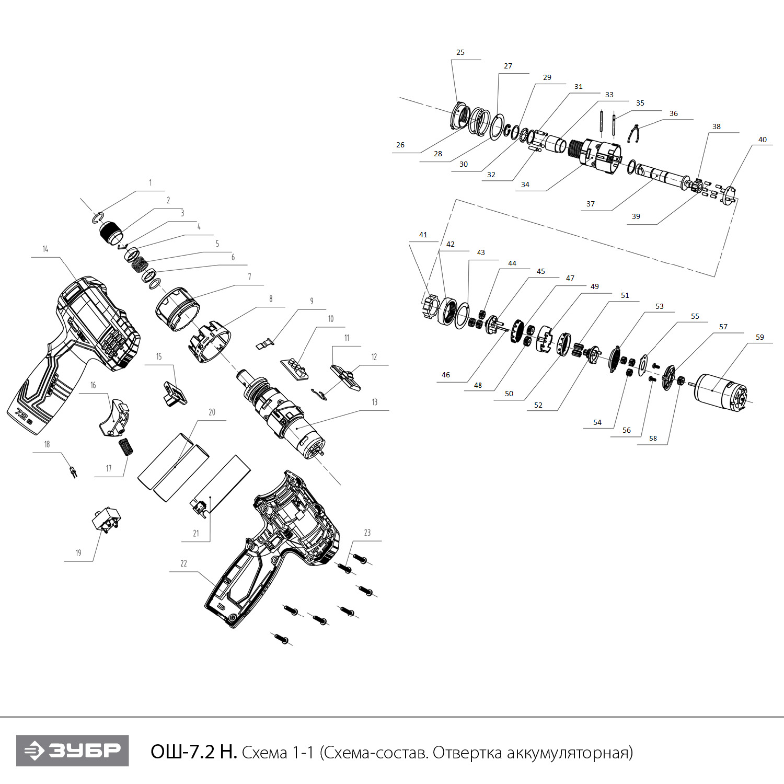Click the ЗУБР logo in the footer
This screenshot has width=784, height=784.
point(72,751)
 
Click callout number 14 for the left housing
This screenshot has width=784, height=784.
point(45,249)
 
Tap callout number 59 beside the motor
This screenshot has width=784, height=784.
point(760,337)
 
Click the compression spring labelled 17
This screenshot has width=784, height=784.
point(126,447)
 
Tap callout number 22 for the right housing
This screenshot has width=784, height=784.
point(183,563)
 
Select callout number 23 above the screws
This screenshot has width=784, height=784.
point(367,533)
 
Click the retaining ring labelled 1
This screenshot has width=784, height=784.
point(99,218)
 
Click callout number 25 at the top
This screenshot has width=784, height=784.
point(460,52)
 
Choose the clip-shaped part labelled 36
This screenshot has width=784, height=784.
point(633,134)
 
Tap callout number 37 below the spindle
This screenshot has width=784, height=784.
point(591,204)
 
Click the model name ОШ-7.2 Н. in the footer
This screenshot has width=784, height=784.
point(193,752)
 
